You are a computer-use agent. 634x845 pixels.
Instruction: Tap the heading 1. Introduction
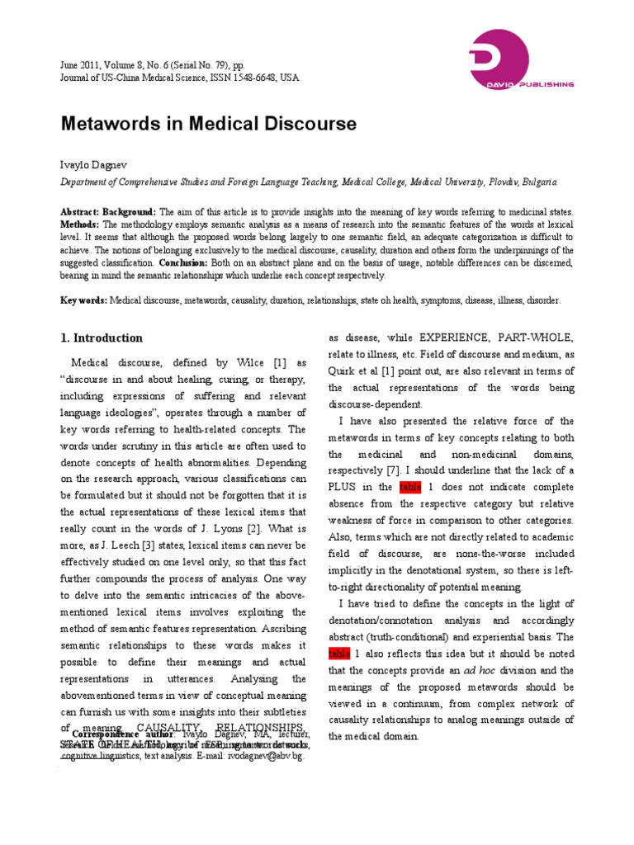(x=102, y=338)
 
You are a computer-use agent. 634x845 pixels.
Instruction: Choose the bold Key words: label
(x=83, y=301)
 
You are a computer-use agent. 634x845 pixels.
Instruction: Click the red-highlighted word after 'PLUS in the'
(x=410, y=487)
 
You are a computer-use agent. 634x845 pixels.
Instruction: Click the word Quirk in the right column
(x=343, y=371)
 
